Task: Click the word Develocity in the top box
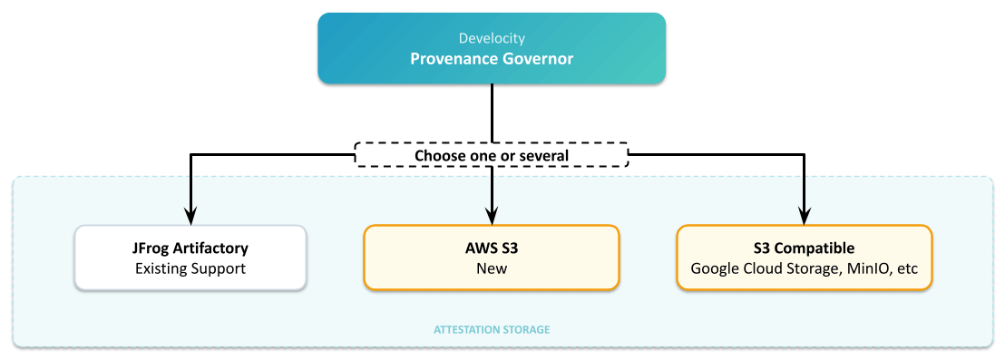491,39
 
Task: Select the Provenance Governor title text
491,59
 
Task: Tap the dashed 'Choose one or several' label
491,155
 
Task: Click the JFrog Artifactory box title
190,248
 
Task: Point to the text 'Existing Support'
190,268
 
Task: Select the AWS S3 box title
491,248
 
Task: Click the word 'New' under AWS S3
491,268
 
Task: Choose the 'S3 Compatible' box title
805,248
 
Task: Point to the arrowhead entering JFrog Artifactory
190,217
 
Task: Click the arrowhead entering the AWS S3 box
491,217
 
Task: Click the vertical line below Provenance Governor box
491,112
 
